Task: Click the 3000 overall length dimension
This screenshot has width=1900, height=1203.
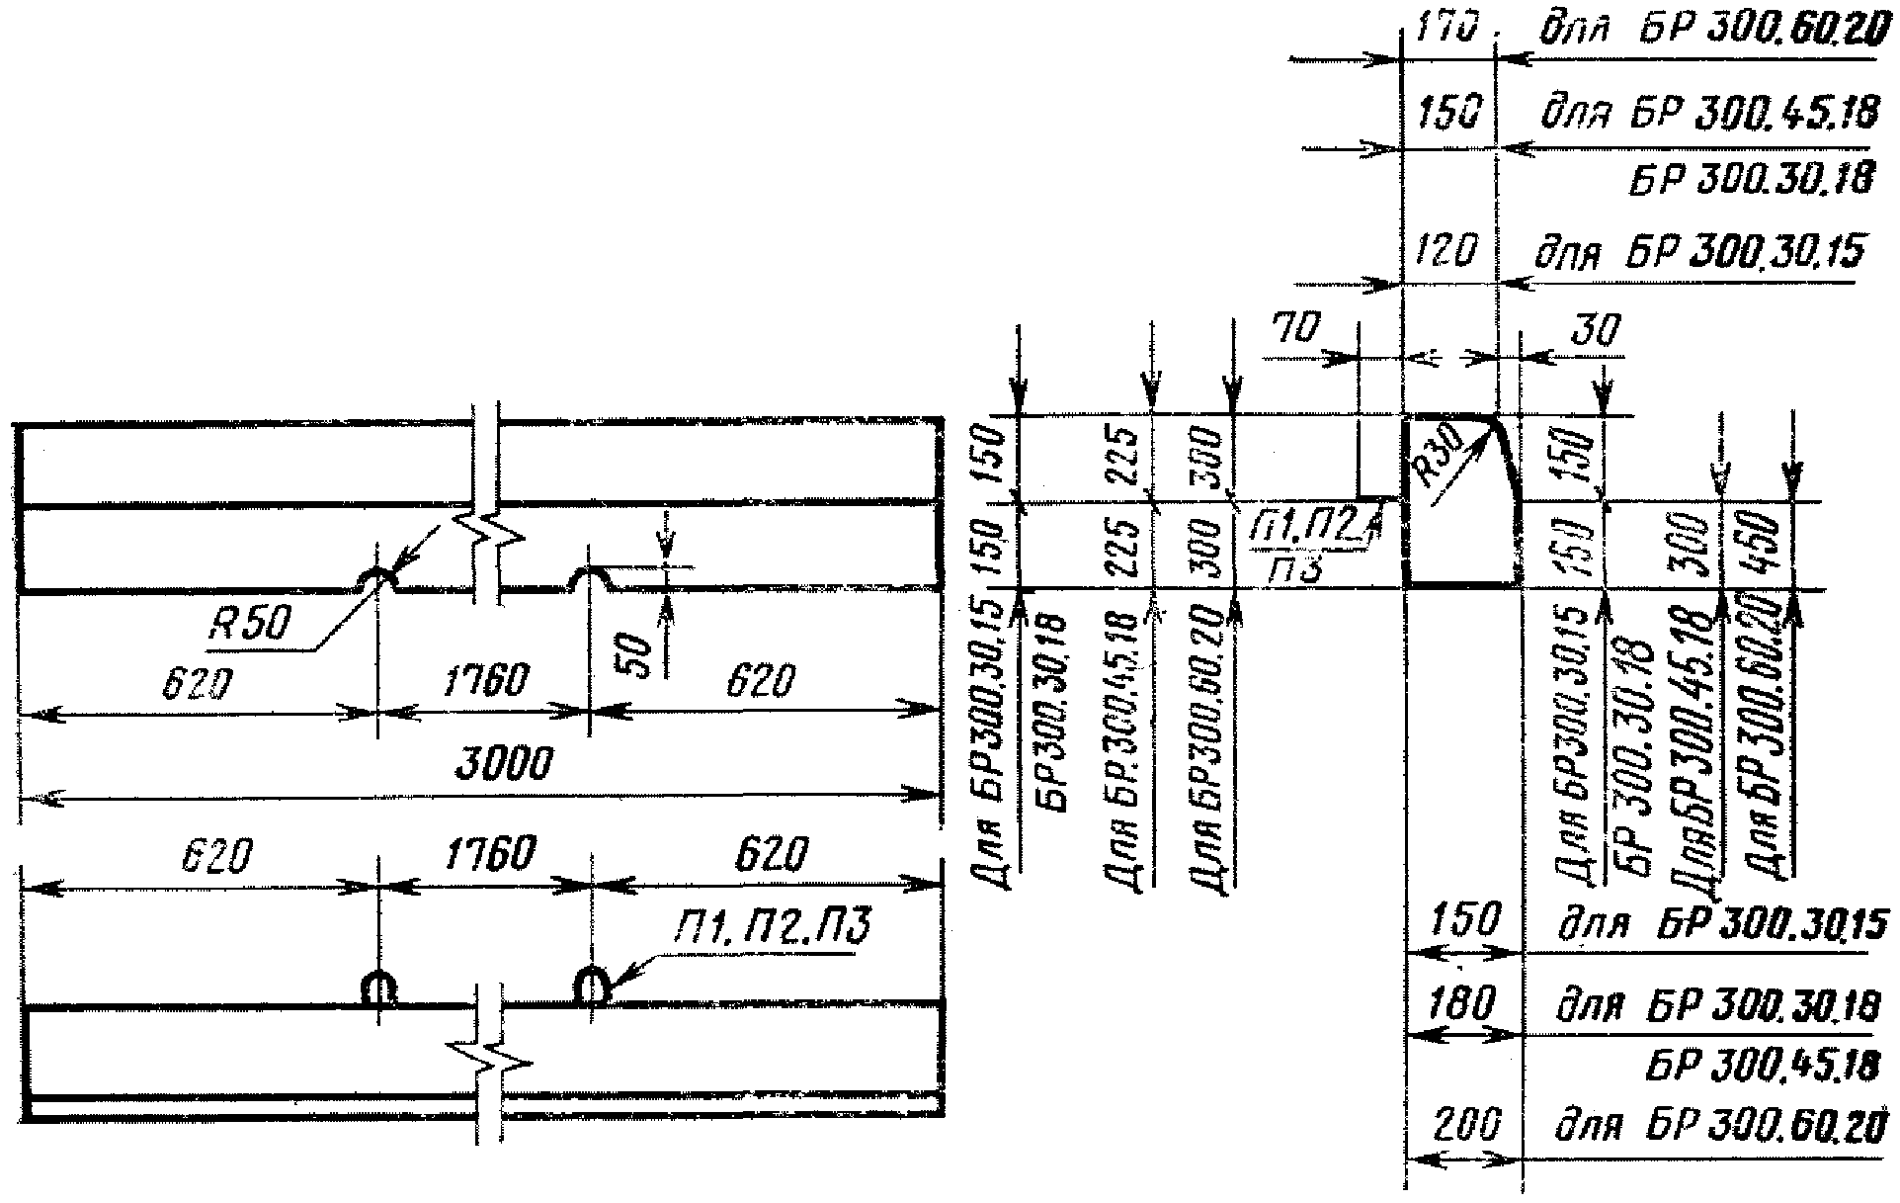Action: coord(503,765)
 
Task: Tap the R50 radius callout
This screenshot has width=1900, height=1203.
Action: coord(251,624)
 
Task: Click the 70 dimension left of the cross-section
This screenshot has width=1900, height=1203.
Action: coord(1293,329)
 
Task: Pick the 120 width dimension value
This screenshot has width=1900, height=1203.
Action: coord(1446,253)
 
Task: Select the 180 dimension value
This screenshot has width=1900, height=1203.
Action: coord(1463,1006)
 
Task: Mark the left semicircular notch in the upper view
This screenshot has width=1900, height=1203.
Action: coord(377,579)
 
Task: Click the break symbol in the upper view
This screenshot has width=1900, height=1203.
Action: coord(489,534)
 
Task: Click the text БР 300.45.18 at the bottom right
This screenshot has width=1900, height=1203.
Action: coord(1763,1066)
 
